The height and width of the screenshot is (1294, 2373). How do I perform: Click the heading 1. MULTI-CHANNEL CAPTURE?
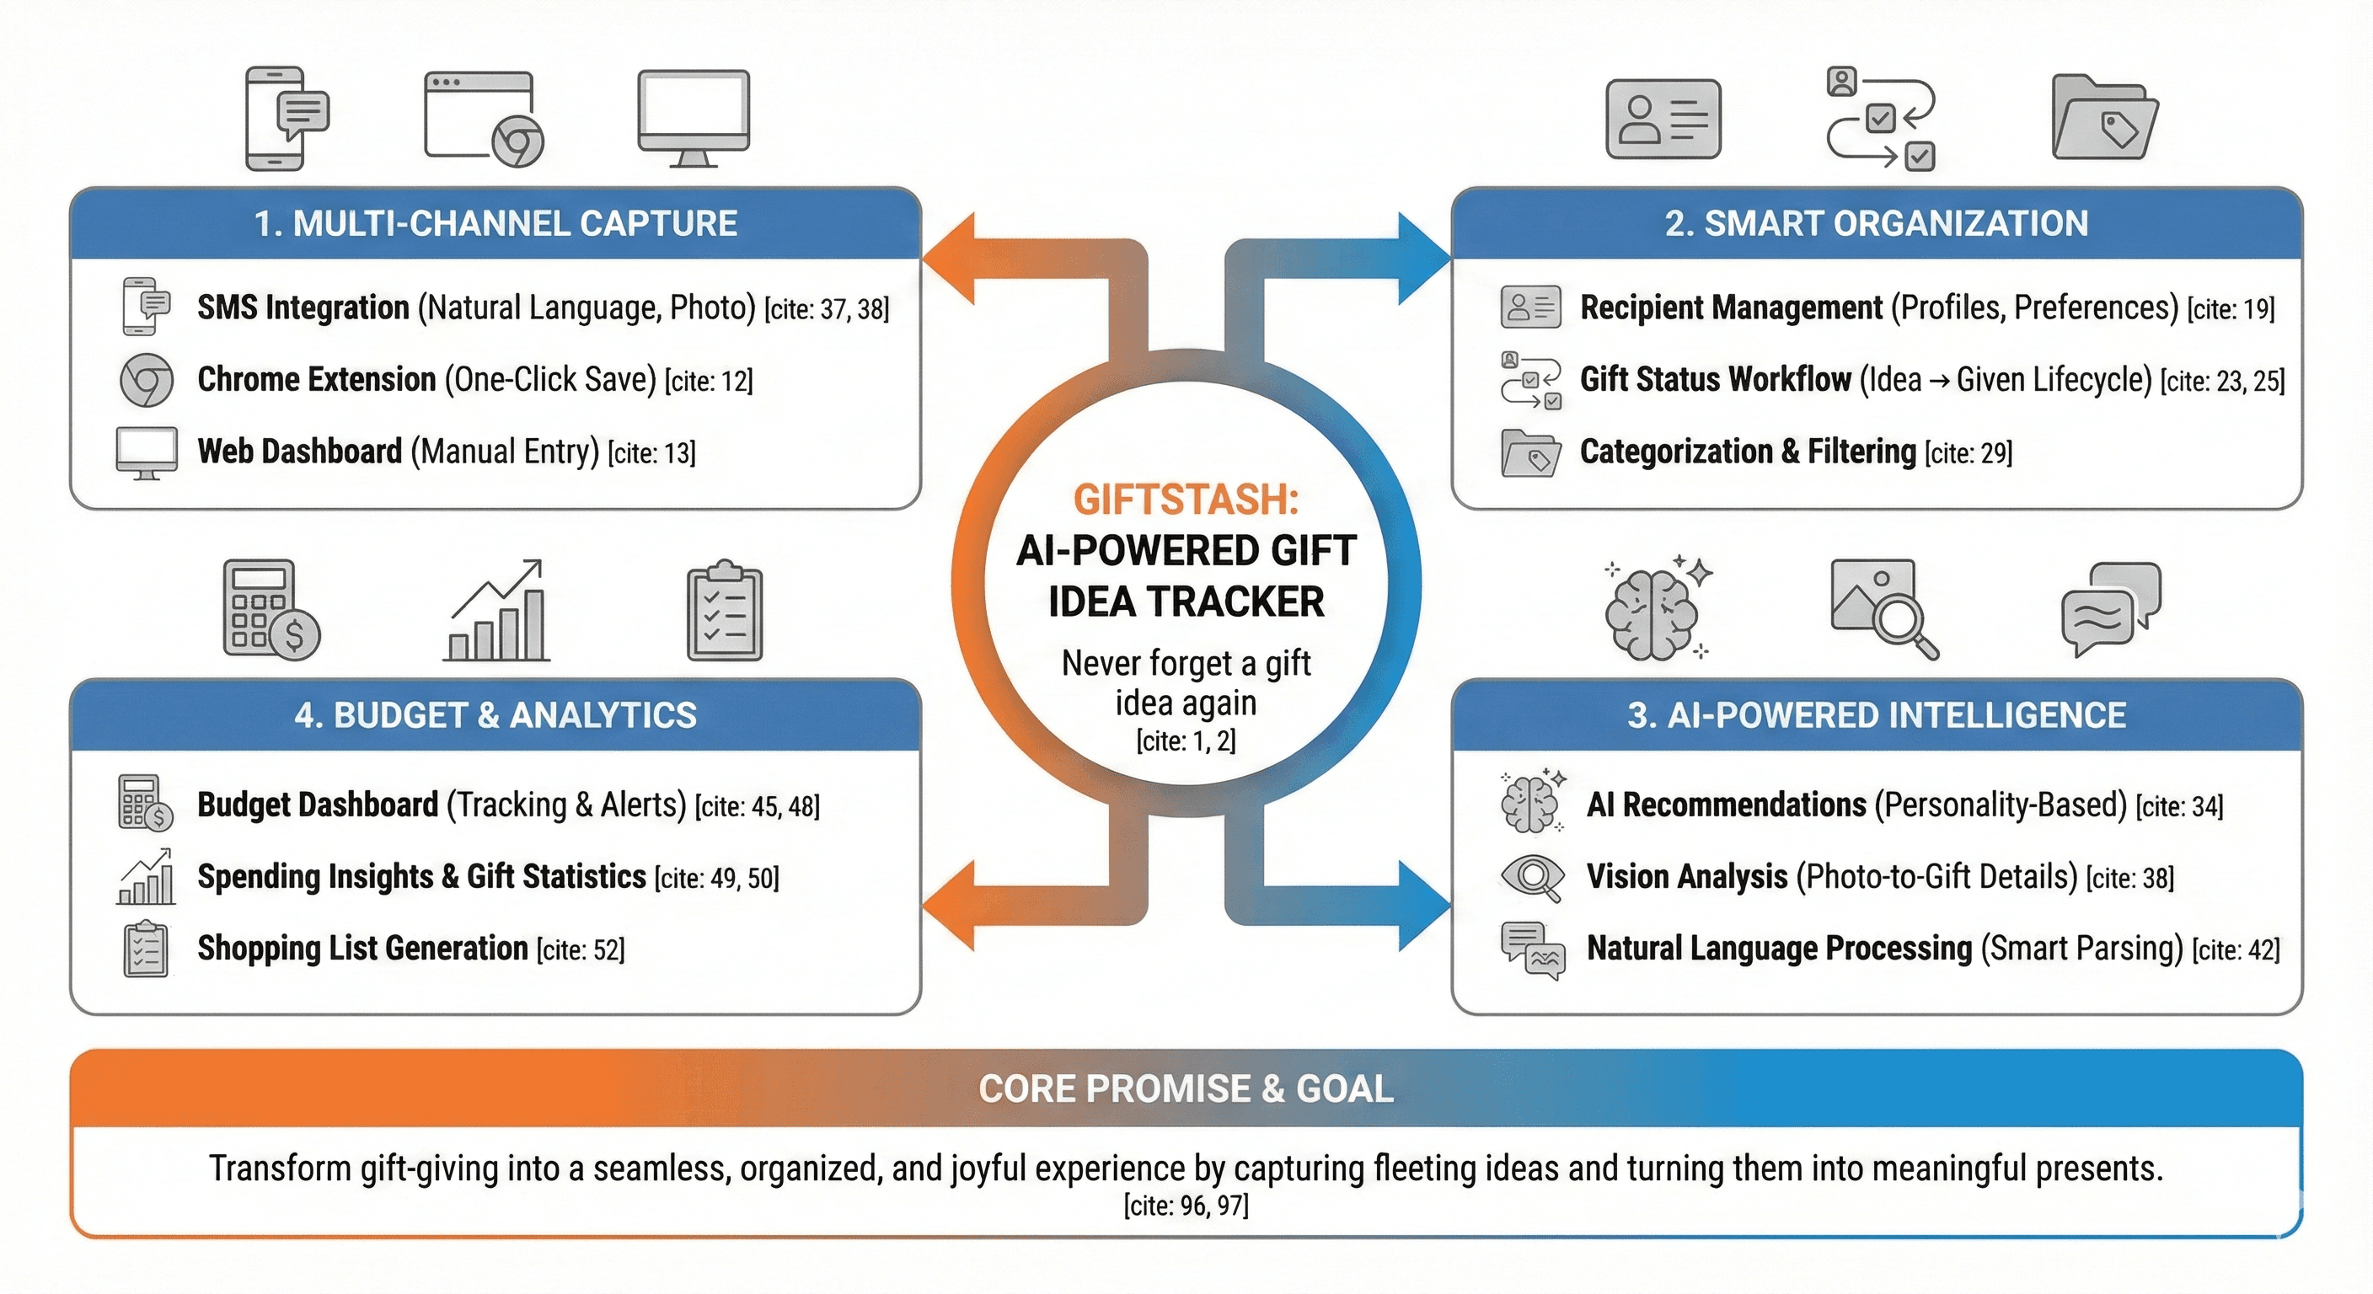[x=495, y=224]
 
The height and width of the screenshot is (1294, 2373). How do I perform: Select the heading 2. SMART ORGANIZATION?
[x=1877, y=224]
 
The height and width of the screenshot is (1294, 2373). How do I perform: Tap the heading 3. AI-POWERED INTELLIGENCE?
[x=1877, y=715]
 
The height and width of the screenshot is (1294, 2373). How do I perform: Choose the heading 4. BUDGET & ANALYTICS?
[x=495, y=715]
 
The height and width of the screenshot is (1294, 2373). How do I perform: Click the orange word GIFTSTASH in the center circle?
[x=1185, y=500]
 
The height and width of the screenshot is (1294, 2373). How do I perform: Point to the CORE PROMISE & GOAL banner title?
[x=1186, y=1088]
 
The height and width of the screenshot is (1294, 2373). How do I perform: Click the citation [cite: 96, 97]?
[x=1186, y=1206]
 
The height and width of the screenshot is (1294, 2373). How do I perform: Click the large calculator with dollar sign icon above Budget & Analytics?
[x=271, y=610]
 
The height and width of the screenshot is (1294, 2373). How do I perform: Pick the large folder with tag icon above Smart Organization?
[x=2105, y=118]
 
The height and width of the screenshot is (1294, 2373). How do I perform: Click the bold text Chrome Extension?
[x=317, y=379]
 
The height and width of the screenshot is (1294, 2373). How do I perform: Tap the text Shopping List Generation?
[x=363, y=949]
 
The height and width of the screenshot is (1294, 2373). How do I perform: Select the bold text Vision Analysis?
[x=1687, y=877]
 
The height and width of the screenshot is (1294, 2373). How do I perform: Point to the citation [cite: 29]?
[x=1968, y=453]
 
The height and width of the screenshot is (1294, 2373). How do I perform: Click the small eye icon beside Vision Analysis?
[x=1532, y=877]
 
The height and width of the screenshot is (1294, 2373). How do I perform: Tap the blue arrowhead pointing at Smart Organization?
[x=1423, y=258]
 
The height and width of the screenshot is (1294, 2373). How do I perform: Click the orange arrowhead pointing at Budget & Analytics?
[x=950, y=906]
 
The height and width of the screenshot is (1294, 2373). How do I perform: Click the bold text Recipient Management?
[x=1731, y=307]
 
